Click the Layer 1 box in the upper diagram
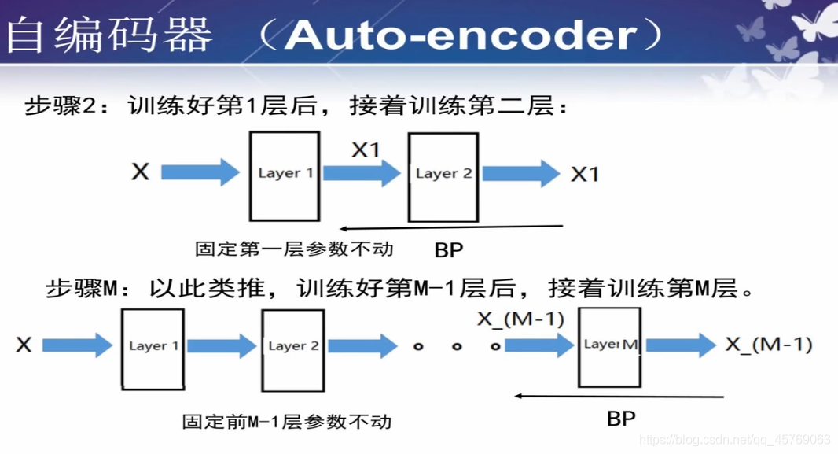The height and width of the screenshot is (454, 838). [x=285, y=175]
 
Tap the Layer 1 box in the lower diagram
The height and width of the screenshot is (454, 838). [x=153, y=348]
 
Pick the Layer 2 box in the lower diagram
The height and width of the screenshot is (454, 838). [x=293, y=348]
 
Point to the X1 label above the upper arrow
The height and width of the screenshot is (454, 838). [x=365, y=149]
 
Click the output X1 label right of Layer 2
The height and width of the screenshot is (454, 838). [x=584, y=174]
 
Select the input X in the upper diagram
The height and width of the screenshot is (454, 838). [x=140, y=172]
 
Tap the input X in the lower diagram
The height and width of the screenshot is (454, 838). [x=24, y=345]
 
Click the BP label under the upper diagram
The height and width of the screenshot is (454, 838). [x=449, y=250]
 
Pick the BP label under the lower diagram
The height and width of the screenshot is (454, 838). [x=621, y=418]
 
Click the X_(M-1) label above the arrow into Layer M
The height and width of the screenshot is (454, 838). [x=520, y=319]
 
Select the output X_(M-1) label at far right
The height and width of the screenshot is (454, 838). [x=768, y=345]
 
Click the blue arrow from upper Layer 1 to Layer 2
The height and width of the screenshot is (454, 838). [x=362, y=174]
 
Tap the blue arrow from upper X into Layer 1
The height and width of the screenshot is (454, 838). [x=200, y=172]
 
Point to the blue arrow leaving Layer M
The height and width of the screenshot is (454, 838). [x=681, y=345]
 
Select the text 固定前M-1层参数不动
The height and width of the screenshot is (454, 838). [x=287, y=421]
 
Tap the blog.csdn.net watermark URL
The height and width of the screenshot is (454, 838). [x=735, y=439]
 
